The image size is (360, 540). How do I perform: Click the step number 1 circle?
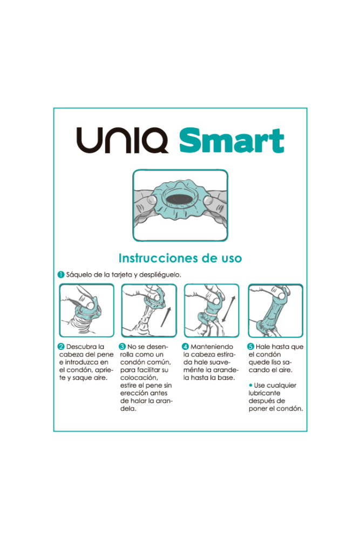tap(62, 274)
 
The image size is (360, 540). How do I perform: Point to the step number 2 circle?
tap(62, 346)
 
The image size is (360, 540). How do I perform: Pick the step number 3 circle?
tap(123, 346)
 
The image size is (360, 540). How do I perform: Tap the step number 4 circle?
tap(186, 346)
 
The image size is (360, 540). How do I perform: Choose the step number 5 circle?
tap(250, 346)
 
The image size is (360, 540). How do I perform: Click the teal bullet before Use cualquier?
tap(250, 385)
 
